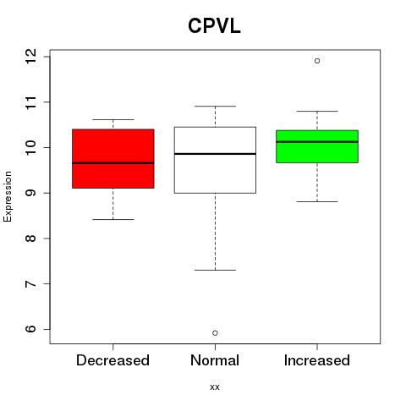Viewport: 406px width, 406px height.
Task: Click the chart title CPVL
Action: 214,26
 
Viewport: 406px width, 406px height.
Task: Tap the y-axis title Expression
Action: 8,196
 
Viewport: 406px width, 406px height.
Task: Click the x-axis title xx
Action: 215,387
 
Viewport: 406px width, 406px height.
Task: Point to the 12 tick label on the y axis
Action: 30,57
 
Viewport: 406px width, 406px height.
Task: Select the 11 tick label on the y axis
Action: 30,101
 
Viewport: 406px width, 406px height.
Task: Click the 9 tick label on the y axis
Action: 30,193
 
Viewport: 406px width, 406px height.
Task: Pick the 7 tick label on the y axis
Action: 30,283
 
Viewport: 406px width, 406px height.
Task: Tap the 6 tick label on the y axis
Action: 30,329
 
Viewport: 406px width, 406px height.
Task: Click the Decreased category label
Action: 112,360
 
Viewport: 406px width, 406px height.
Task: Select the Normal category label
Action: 215,360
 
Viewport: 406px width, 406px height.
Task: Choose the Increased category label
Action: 317,360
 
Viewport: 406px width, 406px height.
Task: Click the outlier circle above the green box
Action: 317,61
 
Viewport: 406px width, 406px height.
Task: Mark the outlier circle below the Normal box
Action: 215,333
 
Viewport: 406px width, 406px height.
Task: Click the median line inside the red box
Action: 113,163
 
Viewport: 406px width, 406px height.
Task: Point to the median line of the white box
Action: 215,154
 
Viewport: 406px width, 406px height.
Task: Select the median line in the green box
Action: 317,142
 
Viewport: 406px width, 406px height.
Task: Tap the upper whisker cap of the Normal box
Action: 215,107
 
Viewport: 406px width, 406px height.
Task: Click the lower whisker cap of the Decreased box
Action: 113,219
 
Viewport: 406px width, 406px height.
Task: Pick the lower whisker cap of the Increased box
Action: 317,201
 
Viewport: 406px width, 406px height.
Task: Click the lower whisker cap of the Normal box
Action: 215,270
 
